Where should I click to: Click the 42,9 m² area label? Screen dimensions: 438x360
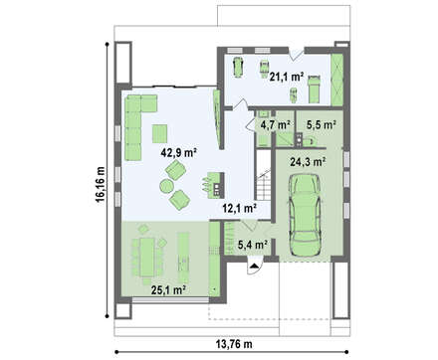(x=179, y=152)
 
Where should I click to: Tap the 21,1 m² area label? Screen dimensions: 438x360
(x=287, y=77)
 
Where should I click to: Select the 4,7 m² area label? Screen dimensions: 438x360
(x=276, y=125)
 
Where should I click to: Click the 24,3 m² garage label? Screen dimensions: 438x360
(x=308, y=162)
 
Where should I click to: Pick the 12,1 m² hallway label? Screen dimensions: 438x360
(x=239, y=209)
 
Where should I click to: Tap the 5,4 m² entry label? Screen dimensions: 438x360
(x=253, y=245)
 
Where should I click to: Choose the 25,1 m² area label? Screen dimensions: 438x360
(x=168, y=290)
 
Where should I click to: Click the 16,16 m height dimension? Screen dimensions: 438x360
(x=100, y=184)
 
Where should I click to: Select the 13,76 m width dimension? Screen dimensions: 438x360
(x=234, y=344)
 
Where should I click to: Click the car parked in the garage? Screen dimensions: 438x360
(x=305, y=215)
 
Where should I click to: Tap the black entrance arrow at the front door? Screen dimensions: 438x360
(x=254, y=266)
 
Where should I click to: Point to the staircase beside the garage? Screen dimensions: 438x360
(x=264, y=175)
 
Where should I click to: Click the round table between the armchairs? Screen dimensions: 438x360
(x=166, y=186)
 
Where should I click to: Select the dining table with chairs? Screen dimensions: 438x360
(x=147, y=257)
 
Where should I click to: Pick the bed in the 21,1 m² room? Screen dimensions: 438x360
(x=314, y=90)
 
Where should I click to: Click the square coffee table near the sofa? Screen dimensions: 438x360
(x=159, y=133)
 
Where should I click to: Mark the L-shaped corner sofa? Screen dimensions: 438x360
(x=137, y=124)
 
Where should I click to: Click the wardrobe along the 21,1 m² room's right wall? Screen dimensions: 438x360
(x=336, y=80)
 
